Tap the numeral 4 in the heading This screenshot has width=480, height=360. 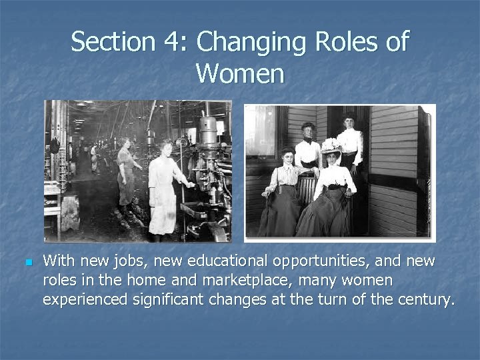(x=169, y=42)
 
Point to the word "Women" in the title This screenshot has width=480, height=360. (x=240, y=73)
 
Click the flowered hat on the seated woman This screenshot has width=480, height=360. (x=331, y=145)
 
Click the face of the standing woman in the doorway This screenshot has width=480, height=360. (x=349, y=123)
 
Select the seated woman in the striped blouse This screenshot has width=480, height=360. (x=285, y=190)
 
